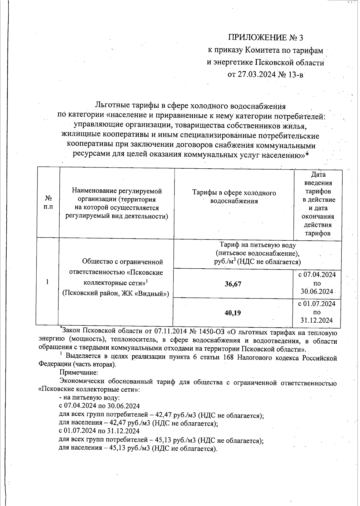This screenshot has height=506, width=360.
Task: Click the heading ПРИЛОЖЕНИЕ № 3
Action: point(266,38)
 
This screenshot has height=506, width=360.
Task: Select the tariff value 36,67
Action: point(233,284)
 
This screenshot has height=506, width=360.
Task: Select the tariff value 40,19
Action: point(233,313)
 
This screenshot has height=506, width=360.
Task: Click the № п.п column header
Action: point(48,203)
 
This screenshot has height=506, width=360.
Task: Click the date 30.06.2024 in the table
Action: point(317,292)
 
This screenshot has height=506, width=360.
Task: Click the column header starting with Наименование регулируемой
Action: point(117,203)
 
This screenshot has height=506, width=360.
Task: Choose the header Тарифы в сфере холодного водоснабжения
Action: point(234,197)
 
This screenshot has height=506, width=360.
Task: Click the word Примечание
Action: point(79,373)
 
